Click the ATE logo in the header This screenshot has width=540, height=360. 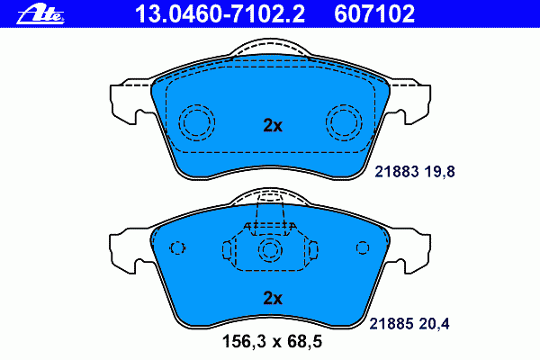pyautogui.click(x=40, y=14)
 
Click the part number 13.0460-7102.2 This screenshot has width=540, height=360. pyautogui.click(x=220, y=14)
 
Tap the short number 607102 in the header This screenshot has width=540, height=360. pyautogui.click(x=374, y=14)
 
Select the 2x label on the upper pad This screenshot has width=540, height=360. pyautogui.click(x=273, y=126)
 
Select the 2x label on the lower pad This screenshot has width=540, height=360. pyautogui.click(x=273, y=298)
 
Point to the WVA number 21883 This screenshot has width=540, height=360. pyautogui.click(x=397, y=172)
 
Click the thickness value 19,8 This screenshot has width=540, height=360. pyautogui.click(x=439, y=172)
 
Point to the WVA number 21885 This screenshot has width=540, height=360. pyautogui.click(x=391, y=324)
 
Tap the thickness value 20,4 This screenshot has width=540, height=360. pyautogui.click(x=435, y=324)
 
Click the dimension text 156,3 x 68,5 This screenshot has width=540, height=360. pyautogui.click(x=272, y=341)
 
